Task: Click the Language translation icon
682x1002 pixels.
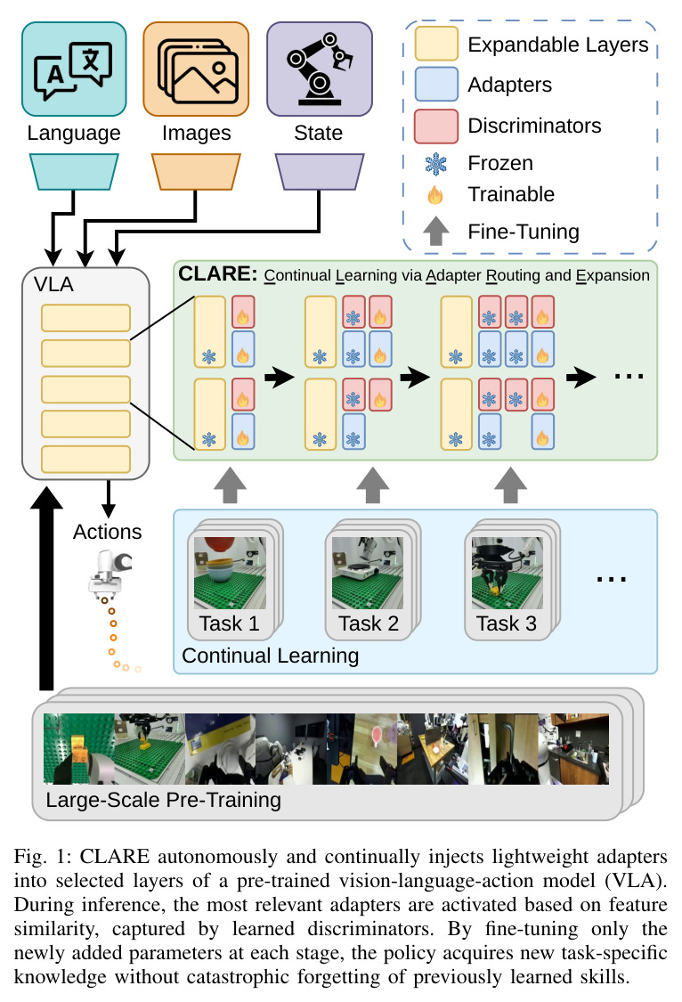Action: click(x=74, y=69)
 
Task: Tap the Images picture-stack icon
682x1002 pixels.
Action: click(x=196, y=69)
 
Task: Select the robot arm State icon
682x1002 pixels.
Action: click(x=320, y=69)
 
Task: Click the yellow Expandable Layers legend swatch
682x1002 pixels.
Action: click(x=436, y=44)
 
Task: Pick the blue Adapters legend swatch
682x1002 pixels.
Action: click(x=436, y=85)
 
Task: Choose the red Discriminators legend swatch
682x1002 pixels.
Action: click(x=436, y=126)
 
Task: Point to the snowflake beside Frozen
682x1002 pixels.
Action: click(x=436, y=164)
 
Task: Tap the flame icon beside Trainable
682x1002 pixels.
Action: click(x=435, y=194)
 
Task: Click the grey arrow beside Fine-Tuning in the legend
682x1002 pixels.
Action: click(x=436, y=231)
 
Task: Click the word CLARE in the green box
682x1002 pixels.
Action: click(x=217, y=273)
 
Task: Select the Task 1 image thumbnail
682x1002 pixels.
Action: click(x=230, y=573)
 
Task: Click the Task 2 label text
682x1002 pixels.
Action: click(x=369, y=623)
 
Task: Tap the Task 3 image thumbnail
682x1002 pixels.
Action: click(x=507, y=573)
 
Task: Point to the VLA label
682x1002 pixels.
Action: click(x=53, y=284)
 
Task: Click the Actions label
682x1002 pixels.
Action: click(x=107, y=532)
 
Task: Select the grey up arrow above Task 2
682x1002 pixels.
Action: click(x=373, y=485)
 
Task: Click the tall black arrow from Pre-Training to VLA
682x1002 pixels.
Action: click(x=46, y=588)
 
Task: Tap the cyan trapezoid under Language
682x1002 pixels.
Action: click(x=74, y=171)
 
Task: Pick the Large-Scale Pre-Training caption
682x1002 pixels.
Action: click(x=164, y=800)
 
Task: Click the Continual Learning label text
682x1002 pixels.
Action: click(x=270, y=656)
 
